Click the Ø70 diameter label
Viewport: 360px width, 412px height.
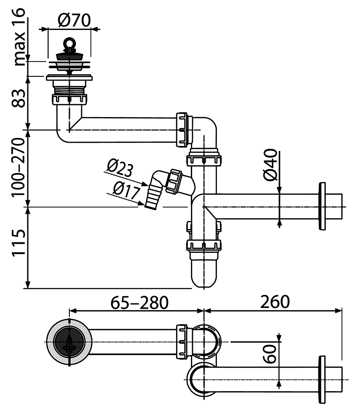pos(74,20)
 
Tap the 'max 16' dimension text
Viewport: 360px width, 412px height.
pos(19,37)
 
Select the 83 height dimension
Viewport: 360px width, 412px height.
pos(19,98)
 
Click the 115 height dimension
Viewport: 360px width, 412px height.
pos(19,242)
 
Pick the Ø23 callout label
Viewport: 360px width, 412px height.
pos(120,168)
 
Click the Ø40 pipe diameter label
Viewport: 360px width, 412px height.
pos(270,165)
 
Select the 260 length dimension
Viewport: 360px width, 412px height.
pos(275,302)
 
